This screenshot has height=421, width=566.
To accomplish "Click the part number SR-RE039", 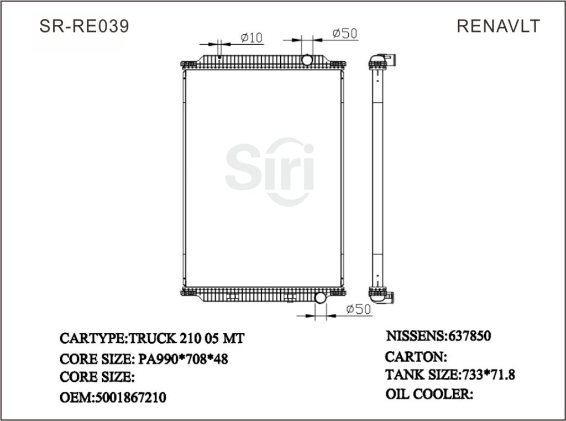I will (x=85, y=26).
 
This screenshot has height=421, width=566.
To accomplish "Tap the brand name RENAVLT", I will (x=498, y=26).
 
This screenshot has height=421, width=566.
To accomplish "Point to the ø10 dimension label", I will (x=251, y=38).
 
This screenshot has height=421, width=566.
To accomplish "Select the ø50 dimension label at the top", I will (x=344, y=34).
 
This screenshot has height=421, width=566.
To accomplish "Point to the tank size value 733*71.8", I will (x=488, y=375).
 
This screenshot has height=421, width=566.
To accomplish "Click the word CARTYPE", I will (x=93, y=338).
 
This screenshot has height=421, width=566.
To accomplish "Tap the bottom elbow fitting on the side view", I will (x=383, y=297).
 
